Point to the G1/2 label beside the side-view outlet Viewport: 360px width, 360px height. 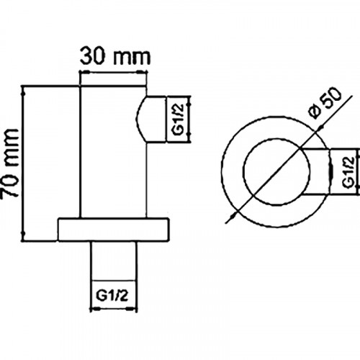tap(180, 119)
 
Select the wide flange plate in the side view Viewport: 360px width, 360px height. tap(114, 228)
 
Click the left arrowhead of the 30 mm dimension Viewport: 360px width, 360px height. tap(81, 73)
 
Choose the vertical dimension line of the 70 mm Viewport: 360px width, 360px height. tap(26, 163)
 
